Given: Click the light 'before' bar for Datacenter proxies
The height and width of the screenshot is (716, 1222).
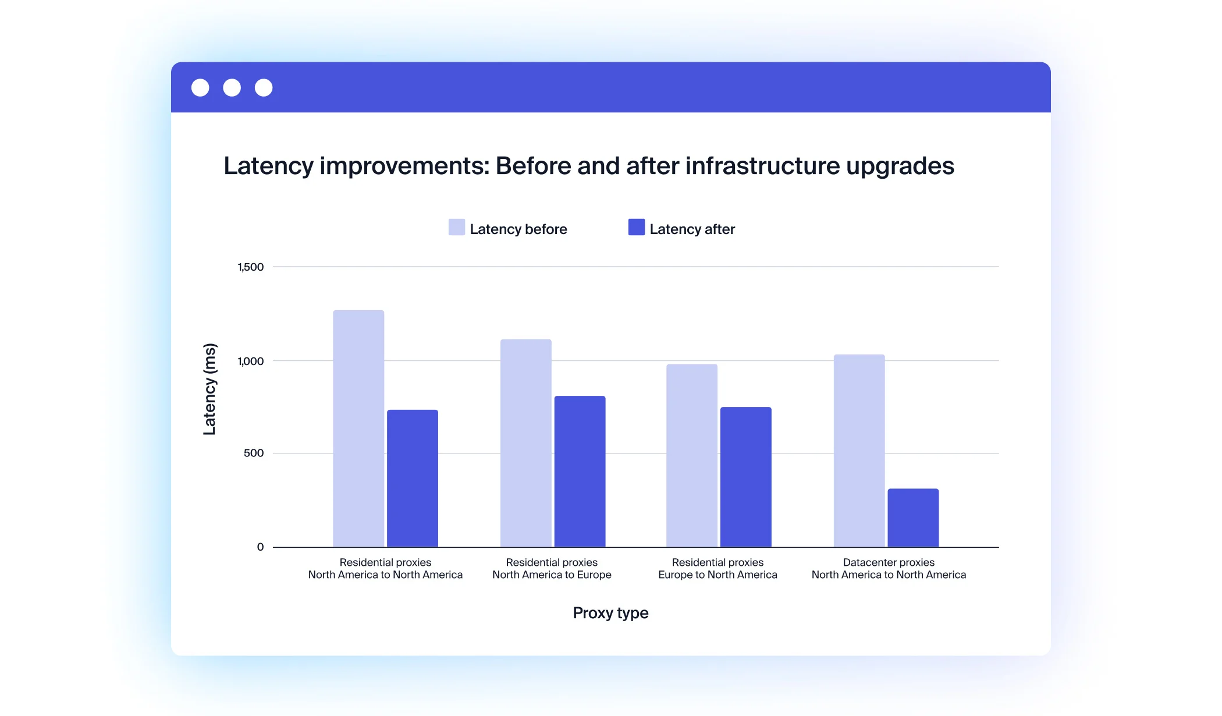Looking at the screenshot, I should [x=859, y=451].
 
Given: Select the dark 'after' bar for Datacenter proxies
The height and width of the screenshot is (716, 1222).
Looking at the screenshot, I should [x=912, y=517].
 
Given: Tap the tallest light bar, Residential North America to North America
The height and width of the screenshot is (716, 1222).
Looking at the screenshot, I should [x=358, y=428].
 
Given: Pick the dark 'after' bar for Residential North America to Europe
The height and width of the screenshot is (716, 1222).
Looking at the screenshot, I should [x=580, y=472].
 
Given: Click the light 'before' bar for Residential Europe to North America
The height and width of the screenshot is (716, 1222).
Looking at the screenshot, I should [x=691, y=455].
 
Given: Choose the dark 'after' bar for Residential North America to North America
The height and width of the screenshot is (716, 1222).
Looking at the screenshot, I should [x=412, y=478].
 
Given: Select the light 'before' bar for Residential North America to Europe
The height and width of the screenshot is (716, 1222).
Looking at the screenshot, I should [x=525, y=443].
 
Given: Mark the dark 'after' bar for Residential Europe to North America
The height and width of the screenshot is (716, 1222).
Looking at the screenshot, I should [x=745, y=477].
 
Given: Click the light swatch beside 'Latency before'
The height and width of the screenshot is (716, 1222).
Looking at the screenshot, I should [x=456, y=227].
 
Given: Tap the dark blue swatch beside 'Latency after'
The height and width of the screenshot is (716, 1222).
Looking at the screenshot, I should [x=636, y=227].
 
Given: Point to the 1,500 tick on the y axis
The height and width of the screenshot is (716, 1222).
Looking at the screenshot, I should [x=250, y=267].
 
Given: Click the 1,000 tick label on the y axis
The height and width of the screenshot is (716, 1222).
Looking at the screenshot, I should [x=250, y=361].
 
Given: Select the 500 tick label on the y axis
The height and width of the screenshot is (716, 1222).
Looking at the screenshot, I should [x=253, y=453].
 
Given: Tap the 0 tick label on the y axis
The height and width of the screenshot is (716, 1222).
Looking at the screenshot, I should [x=260, y=547].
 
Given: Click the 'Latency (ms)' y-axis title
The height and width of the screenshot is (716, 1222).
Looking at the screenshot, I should [x=209, y=389].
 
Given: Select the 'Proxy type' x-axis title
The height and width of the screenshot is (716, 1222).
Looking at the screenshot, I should [x=610, y=613].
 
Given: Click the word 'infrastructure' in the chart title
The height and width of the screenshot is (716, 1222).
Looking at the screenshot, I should [x=762, y=166].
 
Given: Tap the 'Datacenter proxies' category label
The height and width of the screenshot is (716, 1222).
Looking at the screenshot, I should [x=889, y=562].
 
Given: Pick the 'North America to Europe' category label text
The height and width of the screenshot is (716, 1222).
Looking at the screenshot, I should [x=552, y=575].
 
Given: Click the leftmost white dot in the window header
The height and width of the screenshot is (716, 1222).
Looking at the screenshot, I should [x=200, y=88].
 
